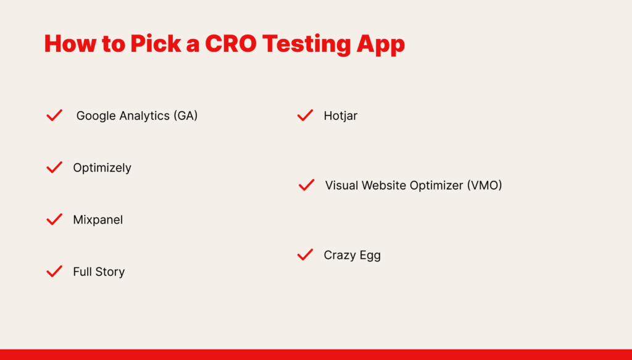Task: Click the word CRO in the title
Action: [231, 44]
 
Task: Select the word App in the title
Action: [380, 44]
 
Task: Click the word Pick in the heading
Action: [156, 44]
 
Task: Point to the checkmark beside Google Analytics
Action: [54, 115]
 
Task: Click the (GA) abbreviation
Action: [186, 116]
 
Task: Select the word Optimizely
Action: [102, 168]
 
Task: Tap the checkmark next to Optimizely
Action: [54, 167]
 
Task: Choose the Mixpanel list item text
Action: [98, 220]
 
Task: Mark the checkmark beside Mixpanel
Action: [54, 219]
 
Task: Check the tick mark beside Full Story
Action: [54, 271]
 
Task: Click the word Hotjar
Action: [341, 116]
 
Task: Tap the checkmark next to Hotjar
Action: [305, 115]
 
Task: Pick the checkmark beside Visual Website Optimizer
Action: [306, 185]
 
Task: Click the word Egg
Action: [370, 256]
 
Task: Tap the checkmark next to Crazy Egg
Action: [305, 255]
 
